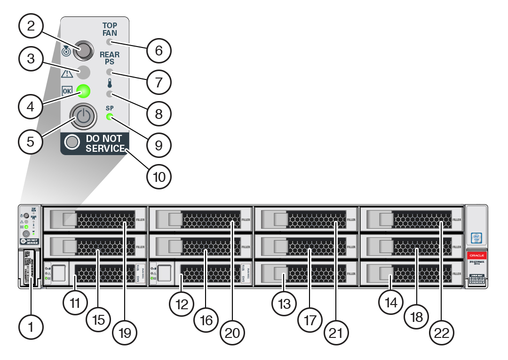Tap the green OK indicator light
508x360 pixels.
83,90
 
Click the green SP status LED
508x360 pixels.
110,117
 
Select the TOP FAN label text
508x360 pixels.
110,30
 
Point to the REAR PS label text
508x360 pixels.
110,58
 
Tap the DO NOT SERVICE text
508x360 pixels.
103,143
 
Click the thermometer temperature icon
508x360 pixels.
110,84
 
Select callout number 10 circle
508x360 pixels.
159,177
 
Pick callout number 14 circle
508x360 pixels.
391,303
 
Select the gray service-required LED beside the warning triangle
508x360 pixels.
83,72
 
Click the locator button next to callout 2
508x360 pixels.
83,51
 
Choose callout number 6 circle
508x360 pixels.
159,50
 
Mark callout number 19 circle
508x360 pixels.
126,332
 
